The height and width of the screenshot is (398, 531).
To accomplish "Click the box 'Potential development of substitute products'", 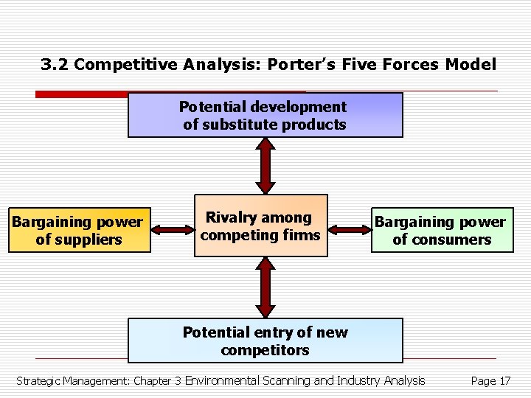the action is click(265, 115).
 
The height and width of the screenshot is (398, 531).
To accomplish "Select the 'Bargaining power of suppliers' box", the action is click(78, 230).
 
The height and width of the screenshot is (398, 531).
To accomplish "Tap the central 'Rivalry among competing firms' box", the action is click(260, 226).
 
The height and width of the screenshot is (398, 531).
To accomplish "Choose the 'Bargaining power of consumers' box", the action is click(442, 230).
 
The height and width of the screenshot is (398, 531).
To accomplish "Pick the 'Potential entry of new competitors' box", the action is click(265, 341).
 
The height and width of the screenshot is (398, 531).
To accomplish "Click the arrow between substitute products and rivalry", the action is click(265, 166).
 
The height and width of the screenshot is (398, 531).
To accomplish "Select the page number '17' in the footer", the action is click(504, 381).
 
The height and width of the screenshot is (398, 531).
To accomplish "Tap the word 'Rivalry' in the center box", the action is click(234, 217).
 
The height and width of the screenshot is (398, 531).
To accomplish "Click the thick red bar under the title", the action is click(82, 94).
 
